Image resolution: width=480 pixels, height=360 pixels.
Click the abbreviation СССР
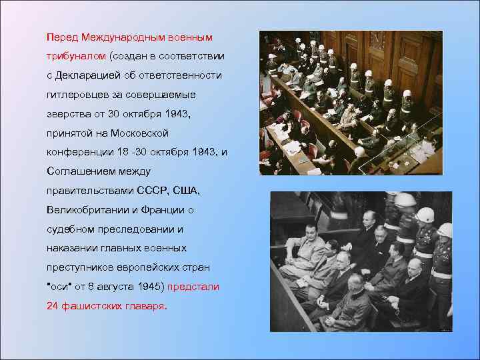(x=153, y=191)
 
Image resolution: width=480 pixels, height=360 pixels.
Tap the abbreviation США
(x=187, y=191)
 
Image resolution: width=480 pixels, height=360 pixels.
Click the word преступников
(x=81, y=268)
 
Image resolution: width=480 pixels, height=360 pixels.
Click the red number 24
(x=53, y=307)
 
